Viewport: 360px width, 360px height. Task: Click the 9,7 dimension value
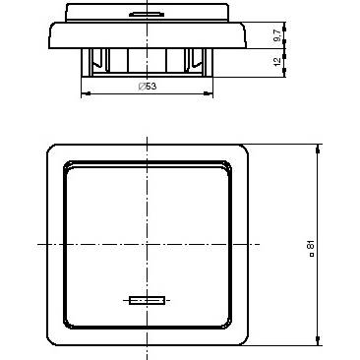coord(277,35)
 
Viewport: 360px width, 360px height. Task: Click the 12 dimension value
coord(277,62)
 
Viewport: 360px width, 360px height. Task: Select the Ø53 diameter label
coord(148,87)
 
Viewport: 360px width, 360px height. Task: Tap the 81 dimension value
coord(311,245)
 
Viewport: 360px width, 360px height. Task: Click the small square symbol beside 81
coord(312,254)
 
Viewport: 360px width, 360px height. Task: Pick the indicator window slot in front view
coord(147,300)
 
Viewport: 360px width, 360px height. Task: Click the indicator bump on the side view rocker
coord(147,14)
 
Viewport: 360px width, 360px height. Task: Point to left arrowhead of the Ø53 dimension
coord(86,93)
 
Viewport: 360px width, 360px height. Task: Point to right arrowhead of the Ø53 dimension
coord(209,93)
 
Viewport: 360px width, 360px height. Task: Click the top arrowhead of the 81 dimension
coord(318,150)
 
